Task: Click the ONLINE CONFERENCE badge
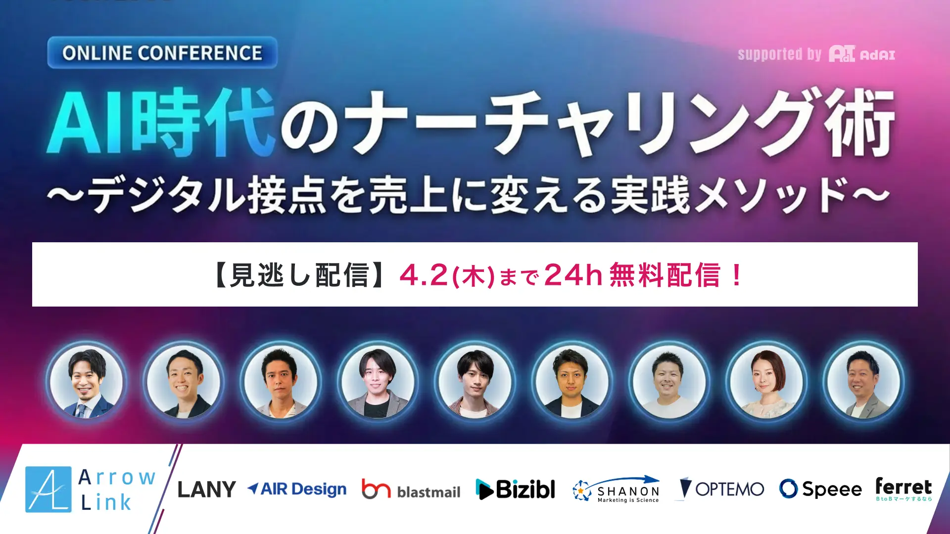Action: point(162,52)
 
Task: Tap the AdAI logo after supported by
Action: point(862,54)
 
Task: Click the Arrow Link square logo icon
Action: point(48,489)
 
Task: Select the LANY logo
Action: point(206,489)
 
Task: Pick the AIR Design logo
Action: point(297,489)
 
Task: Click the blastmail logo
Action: point(411,489)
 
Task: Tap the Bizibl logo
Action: point(515,489)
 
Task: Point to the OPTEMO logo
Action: point(722,489)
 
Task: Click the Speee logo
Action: point(820,489)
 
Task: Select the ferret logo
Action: point(903,489)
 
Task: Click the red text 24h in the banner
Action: point(572,274)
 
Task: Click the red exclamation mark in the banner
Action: point(736,275)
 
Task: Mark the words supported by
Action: point(779,54)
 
